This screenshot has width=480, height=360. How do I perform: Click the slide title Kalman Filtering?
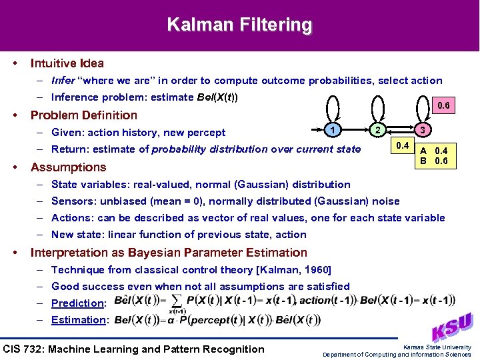(239, 25)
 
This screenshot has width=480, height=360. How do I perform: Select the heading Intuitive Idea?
(67, 63)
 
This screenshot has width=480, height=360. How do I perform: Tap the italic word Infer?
(63, 81)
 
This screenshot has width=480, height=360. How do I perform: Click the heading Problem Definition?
(84, 115)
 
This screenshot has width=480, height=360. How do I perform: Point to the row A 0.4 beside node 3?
(433, 151)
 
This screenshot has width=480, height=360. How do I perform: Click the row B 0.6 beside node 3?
(433, 161)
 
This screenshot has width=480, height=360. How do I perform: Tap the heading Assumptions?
(69, 167)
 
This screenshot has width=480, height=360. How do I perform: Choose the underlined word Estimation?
(78, 320)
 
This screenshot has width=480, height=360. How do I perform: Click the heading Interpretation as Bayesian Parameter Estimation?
(169, 253)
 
